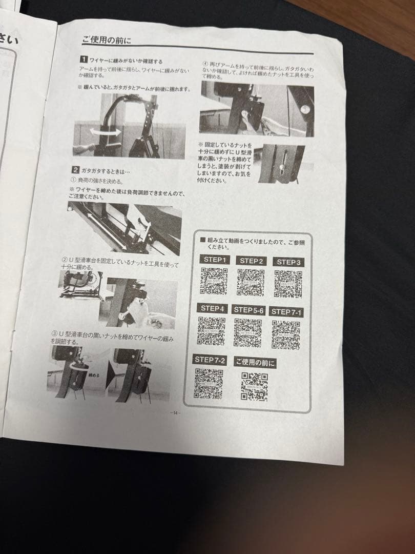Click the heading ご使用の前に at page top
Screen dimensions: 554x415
[107, 40]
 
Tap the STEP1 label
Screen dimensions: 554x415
[215, 260]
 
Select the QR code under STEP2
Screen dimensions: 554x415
[251, 283]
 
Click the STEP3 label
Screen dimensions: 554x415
[288, 262]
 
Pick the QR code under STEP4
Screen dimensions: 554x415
[212, 330]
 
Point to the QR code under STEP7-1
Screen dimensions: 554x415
[286, 334]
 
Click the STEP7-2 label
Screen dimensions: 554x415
[210, 360]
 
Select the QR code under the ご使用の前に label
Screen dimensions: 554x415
[255, 386]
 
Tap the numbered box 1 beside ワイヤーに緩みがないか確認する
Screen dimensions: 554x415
[84, 61]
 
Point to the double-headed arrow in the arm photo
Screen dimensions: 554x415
[106, 132]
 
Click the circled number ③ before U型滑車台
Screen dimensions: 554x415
[54, 333]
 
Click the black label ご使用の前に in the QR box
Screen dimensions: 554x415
[255, 363]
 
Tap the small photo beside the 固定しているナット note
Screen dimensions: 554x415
[281, 163]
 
